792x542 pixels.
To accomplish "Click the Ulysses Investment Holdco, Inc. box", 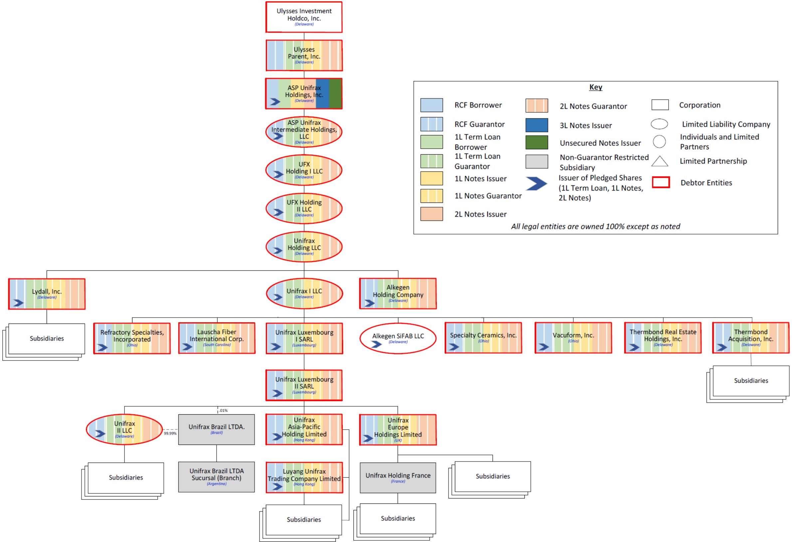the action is (303, 17).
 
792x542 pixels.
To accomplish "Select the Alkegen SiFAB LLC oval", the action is (398, 339).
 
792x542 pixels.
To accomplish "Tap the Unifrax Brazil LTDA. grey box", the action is (216, 429).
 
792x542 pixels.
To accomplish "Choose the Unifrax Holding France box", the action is (398, 477).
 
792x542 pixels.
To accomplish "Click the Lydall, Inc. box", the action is (47, 294).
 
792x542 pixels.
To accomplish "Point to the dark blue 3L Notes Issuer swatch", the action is (537, 125).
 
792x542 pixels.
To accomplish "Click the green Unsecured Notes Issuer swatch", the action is (537, 142).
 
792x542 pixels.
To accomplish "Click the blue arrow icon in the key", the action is (536, 184).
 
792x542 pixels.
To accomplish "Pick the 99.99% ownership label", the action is (170, 433).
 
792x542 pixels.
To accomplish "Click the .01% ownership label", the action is (223, 410).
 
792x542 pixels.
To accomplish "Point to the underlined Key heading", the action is (595, 87).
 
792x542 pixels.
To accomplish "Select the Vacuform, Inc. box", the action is (573, 338).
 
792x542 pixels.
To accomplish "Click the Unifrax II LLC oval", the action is (124, 429).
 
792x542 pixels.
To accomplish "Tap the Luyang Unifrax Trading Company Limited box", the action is (304, 477).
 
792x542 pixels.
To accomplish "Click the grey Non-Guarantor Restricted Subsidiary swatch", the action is (537, 161).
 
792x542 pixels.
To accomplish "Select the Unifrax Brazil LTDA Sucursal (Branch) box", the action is (216, 476).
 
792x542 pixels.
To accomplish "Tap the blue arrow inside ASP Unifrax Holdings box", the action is (275, 101).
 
